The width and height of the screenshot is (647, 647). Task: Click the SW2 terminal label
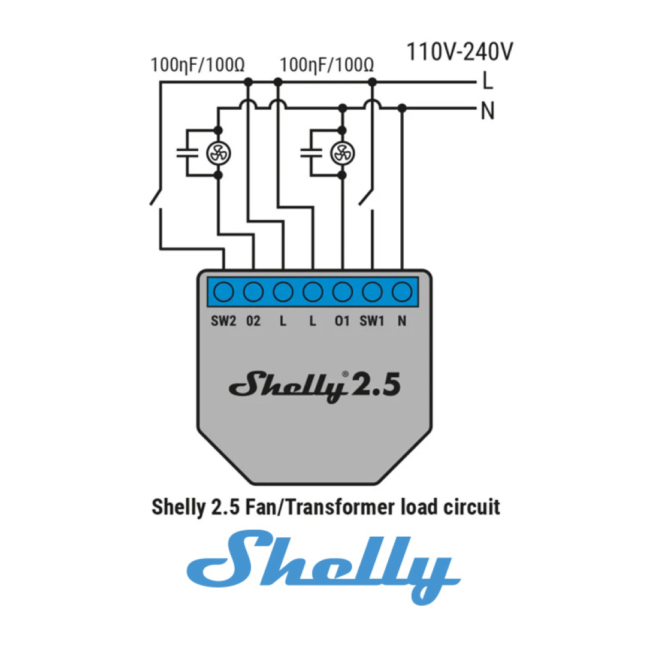223,321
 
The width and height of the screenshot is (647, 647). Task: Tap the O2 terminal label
253,321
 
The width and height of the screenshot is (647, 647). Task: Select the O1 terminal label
342,321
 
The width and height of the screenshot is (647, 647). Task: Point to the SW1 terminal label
371,321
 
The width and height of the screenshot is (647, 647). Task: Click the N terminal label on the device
401,321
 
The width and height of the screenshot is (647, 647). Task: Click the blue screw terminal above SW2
224,292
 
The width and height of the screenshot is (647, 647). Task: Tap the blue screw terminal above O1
342,292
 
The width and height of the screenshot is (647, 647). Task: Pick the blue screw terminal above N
401,292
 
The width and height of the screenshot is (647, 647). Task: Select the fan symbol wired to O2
217,153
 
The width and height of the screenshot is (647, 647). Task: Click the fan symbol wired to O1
342,153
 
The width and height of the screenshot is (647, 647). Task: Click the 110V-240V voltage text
460,52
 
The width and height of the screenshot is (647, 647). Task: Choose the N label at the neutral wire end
488,111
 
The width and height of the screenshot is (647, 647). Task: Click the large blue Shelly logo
323,566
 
